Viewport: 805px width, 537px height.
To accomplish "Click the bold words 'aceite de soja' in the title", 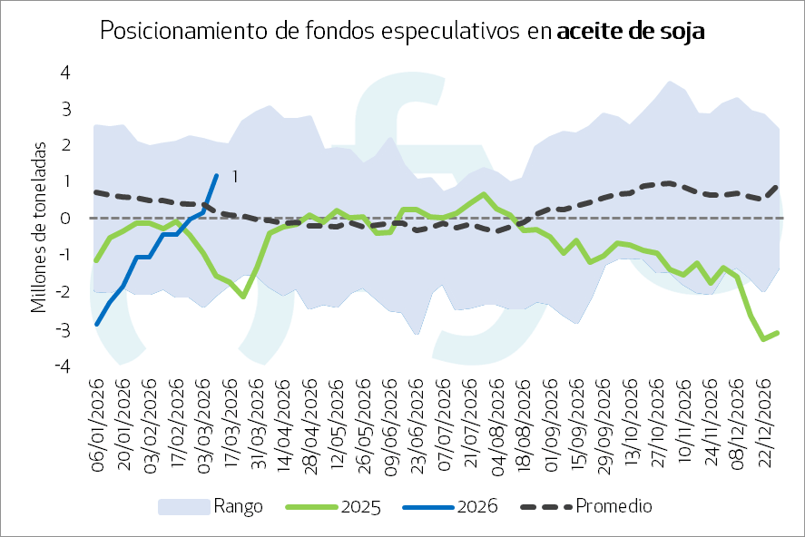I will point(631,31).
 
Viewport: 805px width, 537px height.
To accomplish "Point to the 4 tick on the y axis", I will point(65,72).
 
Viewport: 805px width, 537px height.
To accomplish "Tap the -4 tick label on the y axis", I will point(63,366).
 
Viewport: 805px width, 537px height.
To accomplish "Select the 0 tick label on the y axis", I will point(65,219).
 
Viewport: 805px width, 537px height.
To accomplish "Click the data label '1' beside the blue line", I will point(234,176).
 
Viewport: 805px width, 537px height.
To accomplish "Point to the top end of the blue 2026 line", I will point(216,176).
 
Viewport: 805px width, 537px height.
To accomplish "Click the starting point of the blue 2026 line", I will point(96,324).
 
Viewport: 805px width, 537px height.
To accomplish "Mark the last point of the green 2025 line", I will point(778,333).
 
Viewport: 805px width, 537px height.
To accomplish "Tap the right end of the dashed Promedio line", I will point(778,187).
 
